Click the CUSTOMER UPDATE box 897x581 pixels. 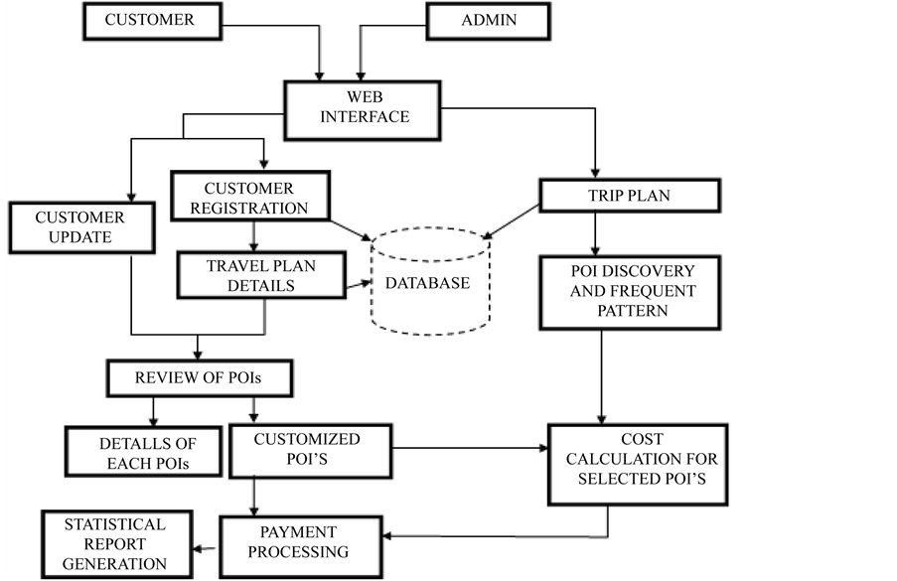pyautogui.click(x=79, y=227)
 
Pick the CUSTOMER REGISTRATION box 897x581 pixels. pyautogui.click(x=249, y=198)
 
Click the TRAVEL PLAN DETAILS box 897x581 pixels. pyautogui.click(x=260, y=275)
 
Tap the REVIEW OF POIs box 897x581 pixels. pyautogui.click(x=199, y=376)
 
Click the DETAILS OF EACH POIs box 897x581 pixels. pyautogui.click(x=131, y=451)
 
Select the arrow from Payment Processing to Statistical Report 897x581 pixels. pyautogui.click(x=206, y=545)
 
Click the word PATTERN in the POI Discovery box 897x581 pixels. pyautogui.click(x=633, y=311)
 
